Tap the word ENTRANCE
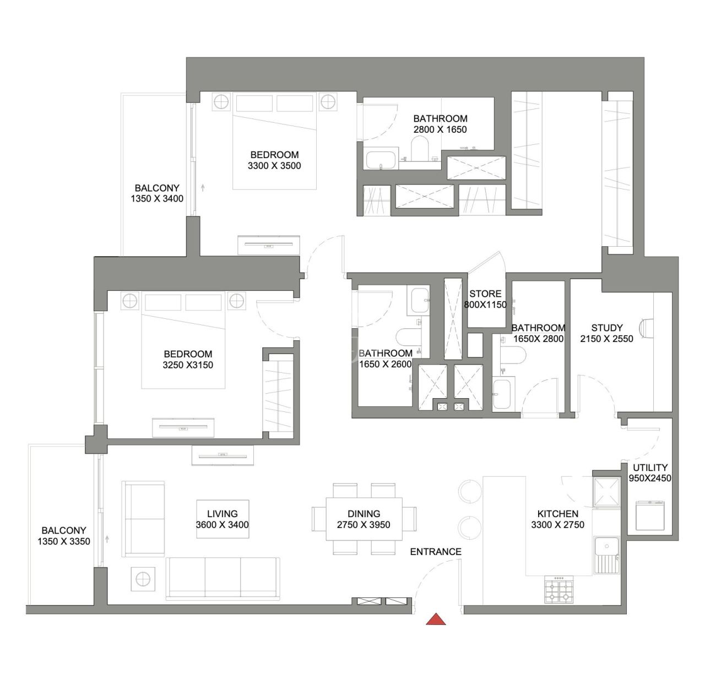(436, 551)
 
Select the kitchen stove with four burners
(558, 590)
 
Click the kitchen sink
(607, 547)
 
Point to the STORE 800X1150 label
(485, 299)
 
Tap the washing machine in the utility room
(650, 515)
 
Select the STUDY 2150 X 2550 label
(606, 333)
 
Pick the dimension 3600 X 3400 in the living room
(223, 525)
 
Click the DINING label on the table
(364, 513)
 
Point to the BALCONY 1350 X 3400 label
(157, 193)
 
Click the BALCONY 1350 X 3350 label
(64, 535)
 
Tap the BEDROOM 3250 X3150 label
(188, 359)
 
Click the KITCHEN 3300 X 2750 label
(557, 519)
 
